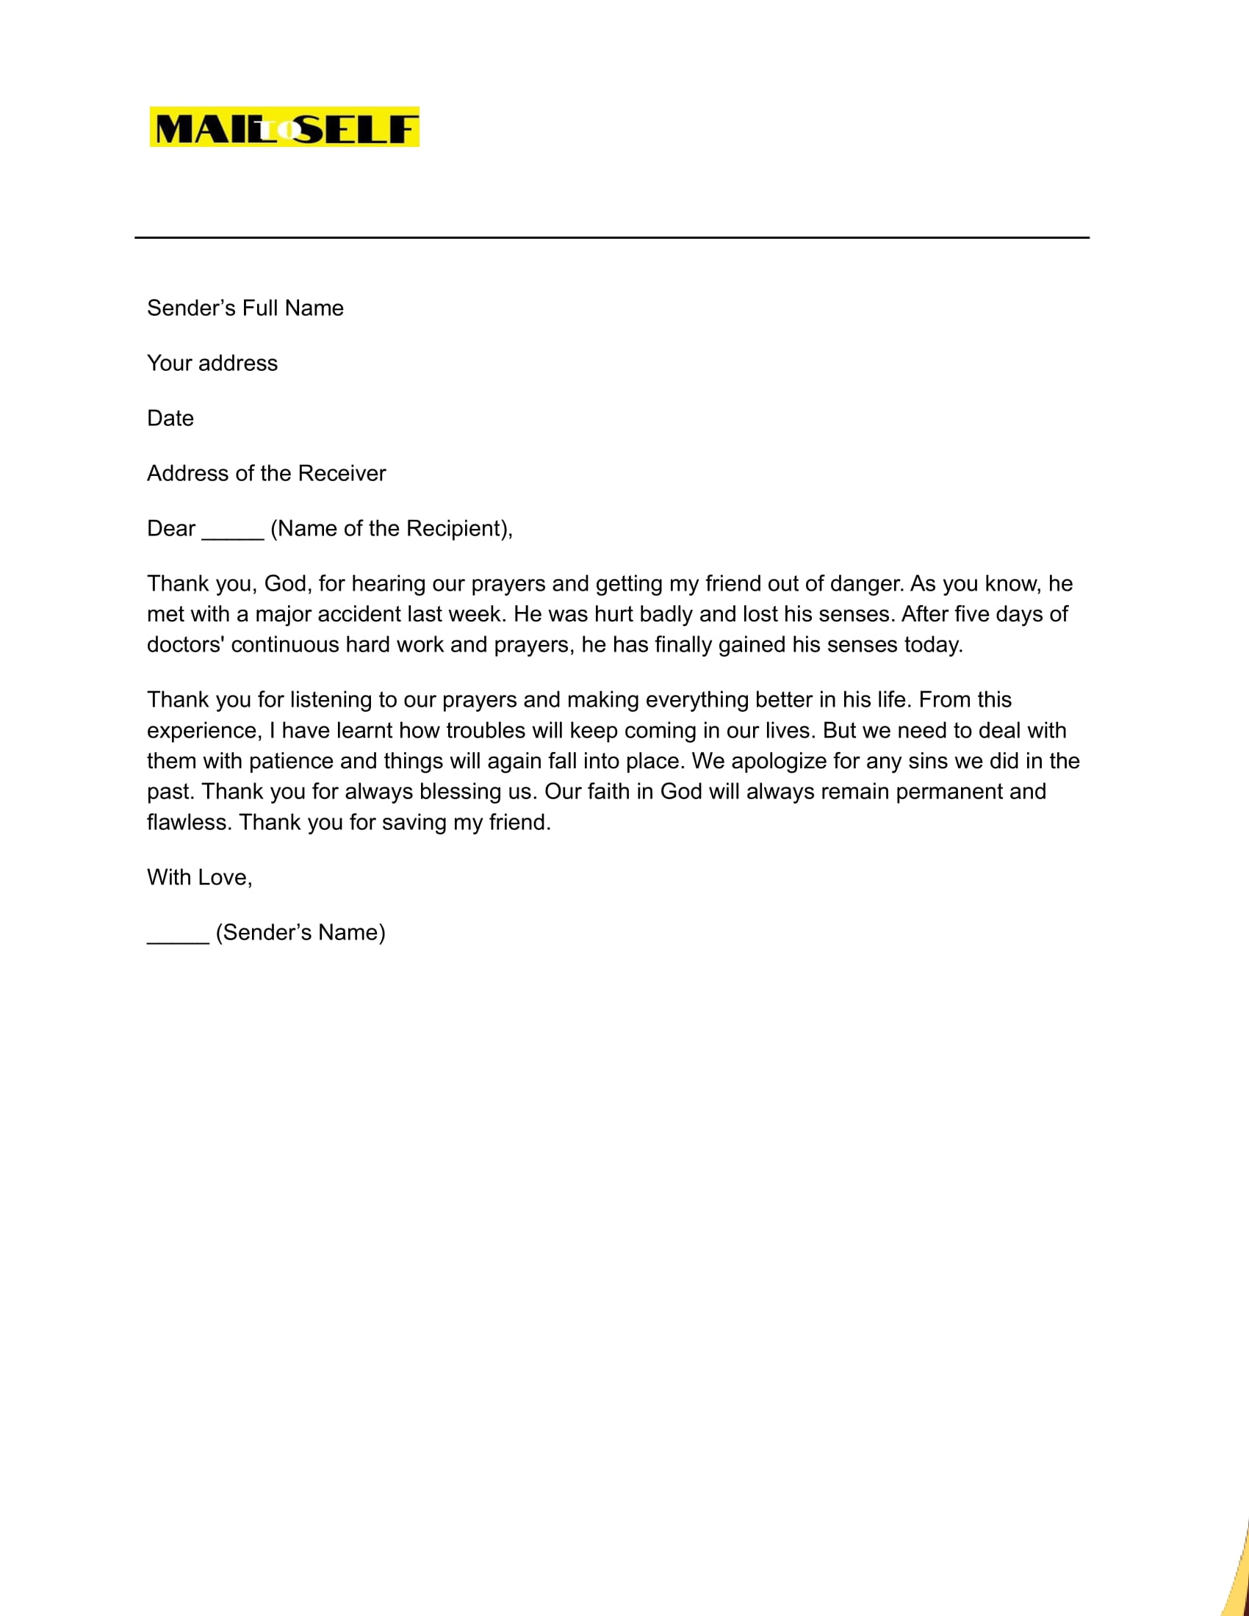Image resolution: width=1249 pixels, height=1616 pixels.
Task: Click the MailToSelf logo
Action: coord(284,127)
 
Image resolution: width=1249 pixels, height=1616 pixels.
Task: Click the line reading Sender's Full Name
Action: coord(245,308)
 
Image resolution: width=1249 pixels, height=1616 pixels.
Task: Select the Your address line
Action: coord(212,364)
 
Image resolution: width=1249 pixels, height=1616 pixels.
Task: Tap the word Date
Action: coord(170,418)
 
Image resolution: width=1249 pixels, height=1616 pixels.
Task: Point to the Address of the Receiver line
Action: coord(267,474)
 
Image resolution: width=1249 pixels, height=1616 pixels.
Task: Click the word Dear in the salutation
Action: coord(171,528)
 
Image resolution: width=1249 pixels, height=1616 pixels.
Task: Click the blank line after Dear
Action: coord(232,534)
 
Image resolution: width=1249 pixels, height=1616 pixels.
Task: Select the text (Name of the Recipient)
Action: coord(391,528)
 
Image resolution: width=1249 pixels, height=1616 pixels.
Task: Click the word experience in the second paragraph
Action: coord(204,731)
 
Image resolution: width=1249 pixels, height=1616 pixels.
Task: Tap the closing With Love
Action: coord(199,878)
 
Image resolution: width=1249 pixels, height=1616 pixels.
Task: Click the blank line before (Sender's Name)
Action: coord(178,938)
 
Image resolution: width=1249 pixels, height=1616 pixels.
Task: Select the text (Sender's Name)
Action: coord(300,932)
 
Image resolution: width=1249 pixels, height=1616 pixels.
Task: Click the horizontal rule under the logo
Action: coord(611,237)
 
